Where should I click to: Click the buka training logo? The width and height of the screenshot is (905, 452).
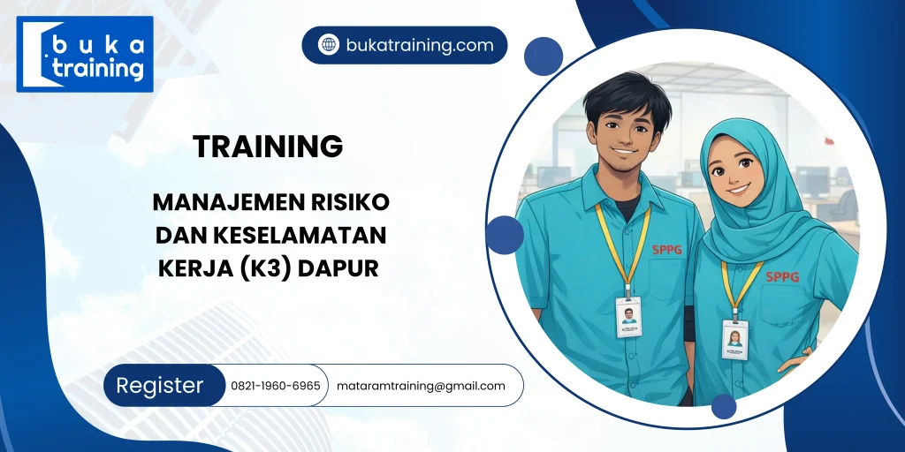[85, 54]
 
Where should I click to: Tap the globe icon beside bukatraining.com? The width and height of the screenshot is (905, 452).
[329, 45]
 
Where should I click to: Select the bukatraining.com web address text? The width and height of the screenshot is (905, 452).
[420, 45]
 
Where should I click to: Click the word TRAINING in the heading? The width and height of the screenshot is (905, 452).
[268, 147]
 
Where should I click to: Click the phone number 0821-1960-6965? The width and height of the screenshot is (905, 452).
[276, 386]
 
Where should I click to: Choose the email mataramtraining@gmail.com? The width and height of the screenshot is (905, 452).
[421, 386]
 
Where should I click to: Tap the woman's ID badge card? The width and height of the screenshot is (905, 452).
[734, 339]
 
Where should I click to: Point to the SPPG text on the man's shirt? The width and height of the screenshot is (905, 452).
[668, 249]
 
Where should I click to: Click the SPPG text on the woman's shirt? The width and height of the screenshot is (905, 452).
[782, 276]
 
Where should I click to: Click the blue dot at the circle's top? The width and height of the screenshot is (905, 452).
[544, 56]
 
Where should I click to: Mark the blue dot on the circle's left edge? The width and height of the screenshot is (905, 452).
[505, 235]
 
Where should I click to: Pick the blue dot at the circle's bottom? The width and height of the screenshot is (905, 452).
[724, 406]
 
